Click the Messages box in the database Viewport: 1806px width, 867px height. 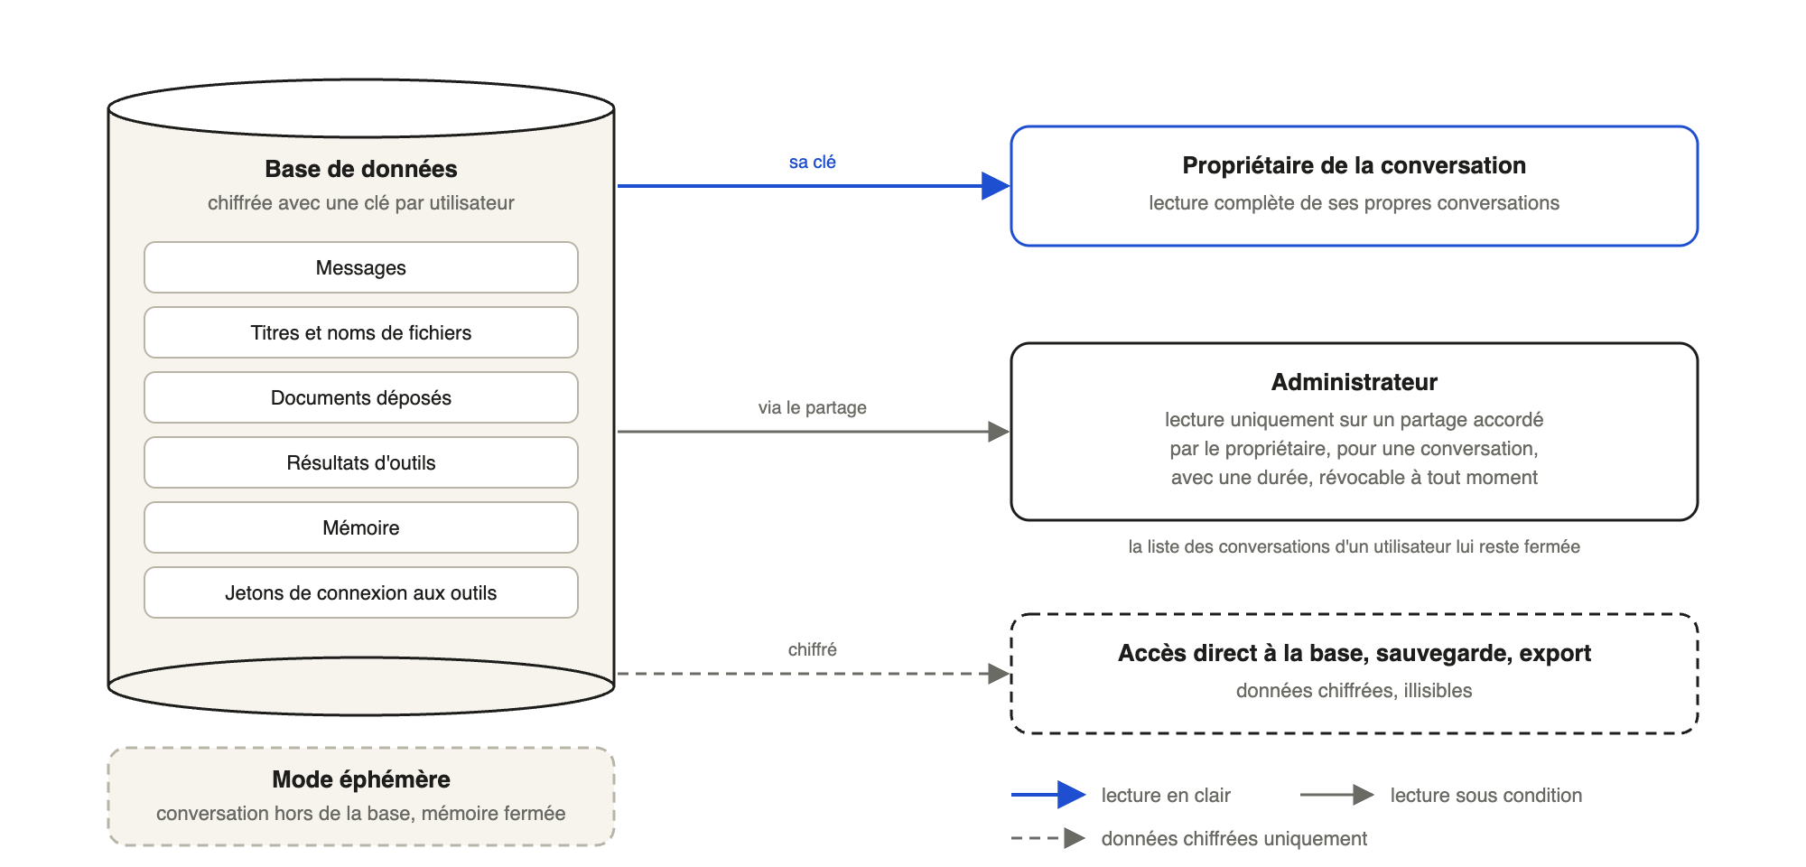361,267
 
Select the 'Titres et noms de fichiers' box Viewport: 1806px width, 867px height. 361,332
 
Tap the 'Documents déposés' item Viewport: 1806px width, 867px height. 361,397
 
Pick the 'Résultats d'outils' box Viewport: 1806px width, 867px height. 361,462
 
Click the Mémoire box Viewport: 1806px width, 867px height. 361,527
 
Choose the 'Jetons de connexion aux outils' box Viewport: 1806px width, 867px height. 361,592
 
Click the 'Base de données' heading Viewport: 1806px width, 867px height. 361,169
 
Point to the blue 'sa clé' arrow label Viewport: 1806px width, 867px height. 813,162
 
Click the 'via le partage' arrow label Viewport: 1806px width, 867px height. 813,407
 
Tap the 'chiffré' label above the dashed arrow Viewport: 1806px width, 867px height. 813,649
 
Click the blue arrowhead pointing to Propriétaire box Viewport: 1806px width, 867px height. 996,186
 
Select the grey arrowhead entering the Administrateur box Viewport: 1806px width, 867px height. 999,432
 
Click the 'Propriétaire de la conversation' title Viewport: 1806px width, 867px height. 1354,165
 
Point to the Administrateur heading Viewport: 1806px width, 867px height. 1354,382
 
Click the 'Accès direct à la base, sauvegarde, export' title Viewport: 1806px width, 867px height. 1354,653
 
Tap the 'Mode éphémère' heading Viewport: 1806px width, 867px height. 361,779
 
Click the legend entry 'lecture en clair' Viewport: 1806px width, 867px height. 1166,795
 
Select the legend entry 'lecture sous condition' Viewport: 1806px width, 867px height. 1486,795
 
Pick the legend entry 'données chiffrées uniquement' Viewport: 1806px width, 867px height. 1234,838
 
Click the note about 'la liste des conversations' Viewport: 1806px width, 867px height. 1354,546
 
